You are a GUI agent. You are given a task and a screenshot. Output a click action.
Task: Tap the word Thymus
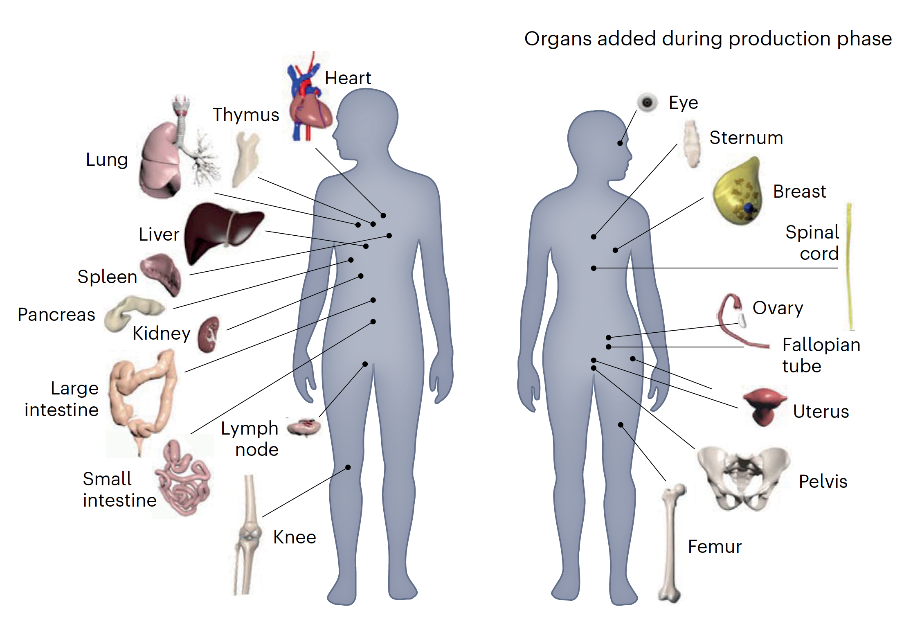(246, 115)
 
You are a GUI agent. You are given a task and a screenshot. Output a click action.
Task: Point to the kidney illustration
(209, 334)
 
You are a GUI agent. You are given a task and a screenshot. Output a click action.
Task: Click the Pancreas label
(56, 315)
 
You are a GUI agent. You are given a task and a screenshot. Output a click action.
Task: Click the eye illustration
(647, 102)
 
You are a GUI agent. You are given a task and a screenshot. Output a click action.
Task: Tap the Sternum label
(746, 138)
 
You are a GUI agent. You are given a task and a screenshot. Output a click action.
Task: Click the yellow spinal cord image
(850, 266)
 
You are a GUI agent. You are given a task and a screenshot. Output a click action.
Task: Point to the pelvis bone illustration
(743, 479)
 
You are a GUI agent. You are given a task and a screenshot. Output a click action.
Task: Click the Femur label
(715, 547)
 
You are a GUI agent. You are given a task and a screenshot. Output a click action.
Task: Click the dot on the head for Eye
(620, 143)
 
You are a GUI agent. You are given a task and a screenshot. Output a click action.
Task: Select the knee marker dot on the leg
(348, 467)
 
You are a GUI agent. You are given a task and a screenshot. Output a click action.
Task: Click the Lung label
(107, 160)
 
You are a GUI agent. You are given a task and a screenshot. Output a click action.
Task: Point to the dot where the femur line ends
(621, 425)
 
